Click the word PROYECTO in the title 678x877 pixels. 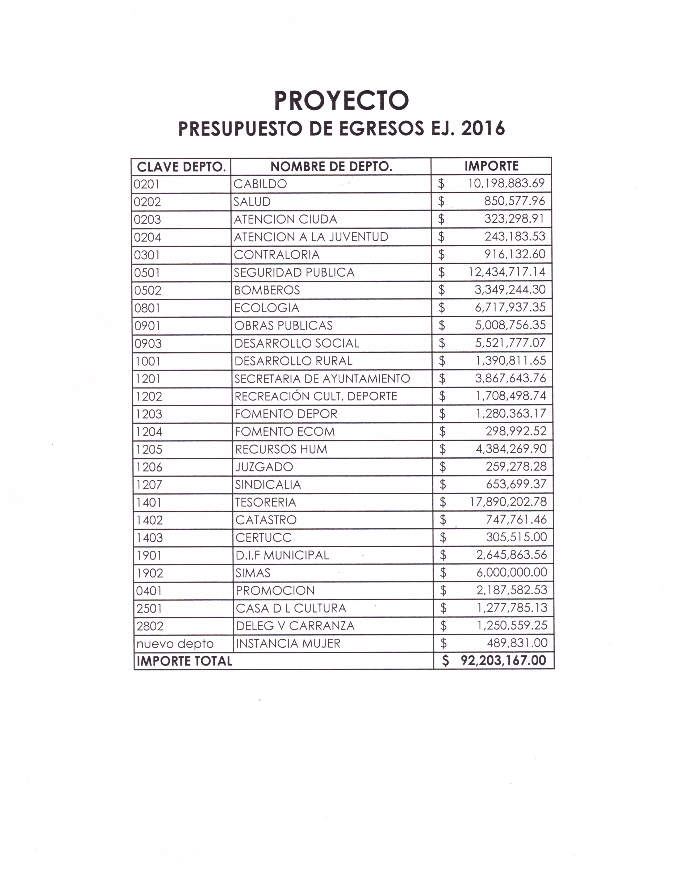pos(341,100)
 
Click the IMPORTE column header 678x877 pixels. pos(491,166)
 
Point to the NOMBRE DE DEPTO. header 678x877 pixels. pos(331,167)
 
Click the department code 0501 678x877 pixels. pos(147,273)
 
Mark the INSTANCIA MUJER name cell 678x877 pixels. pos(288,644)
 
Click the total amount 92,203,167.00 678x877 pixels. pos(503,661)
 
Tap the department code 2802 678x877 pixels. pos(149,626)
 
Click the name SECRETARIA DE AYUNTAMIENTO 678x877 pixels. pos(322,379)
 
